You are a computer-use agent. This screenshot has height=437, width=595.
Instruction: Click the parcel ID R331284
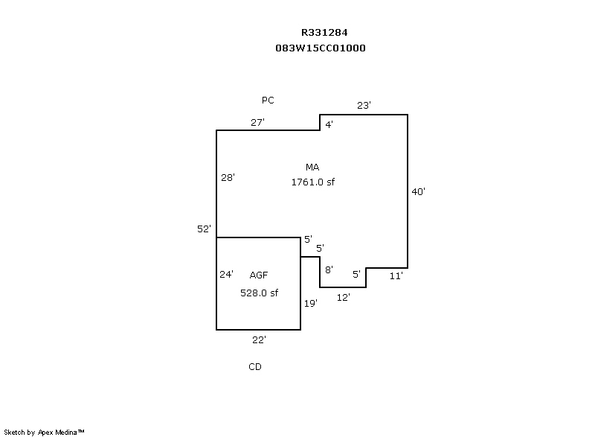click(324, 33)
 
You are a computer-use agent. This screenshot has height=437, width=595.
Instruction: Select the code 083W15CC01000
click(321, 48)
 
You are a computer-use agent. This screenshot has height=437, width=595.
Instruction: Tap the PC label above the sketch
click(268, 101)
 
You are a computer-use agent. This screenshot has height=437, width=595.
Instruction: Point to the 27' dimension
click(257, 122)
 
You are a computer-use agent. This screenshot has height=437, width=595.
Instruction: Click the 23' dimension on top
click(364, 105)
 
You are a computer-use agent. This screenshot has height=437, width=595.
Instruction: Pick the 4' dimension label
click(329, 124)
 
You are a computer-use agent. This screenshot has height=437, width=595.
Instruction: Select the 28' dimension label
click(228, 177)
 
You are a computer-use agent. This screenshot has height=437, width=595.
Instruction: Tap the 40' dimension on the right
click(419, 192)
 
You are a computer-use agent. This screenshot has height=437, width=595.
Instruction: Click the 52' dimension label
click(204, 229)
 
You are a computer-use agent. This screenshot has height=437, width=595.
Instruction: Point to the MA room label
click(312, 167)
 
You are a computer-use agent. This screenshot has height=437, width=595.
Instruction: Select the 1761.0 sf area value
click(313, 182)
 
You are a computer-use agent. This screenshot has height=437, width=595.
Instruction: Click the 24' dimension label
click(227, 274)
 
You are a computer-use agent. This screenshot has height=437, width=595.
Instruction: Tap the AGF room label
click(259, 275)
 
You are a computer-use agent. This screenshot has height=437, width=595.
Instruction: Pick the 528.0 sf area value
click(259, 293)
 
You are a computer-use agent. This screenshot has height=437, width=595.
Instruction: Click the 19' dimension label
click(311, 303)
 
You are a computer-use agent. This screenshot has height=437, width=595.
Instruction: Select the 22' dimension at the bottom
click(259, 339)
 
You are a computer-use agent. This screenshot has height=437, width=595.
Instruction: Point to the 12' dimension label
click(344, 297)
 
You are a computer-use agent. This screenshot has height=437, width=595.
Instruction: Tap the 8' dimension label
click(329, 269)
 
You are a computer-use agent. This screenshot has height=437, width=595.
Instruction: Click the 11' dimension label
click(396, 276)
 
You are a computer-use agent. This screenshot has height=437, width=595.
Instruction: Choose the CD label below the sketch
click(255, 367)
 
